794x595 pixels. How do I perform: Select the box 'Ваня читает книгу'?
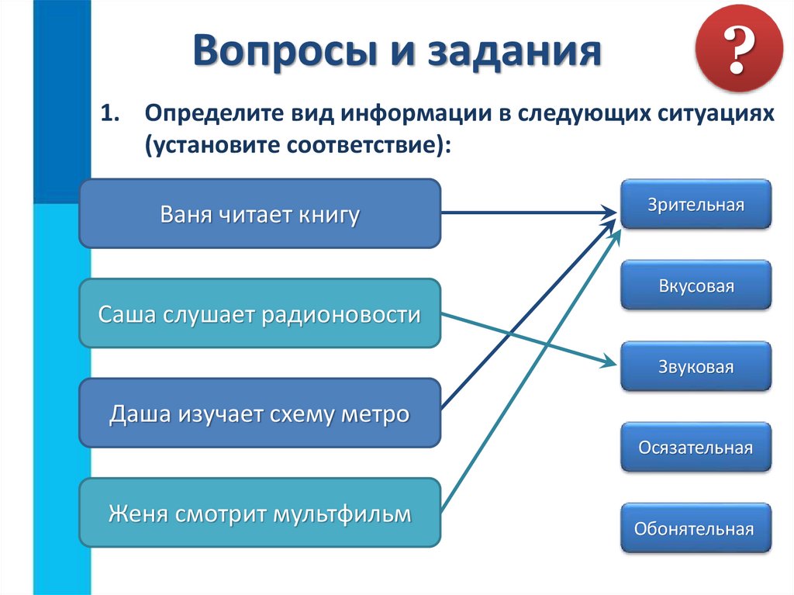pos(260,213)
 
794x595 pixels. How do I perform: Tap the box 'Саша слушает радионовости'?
pos(260,313)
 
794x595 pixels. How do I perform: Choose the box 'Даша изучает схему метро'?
pos(260,413)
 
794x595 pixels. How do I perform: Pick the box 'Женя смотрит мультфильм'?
pos(260,513)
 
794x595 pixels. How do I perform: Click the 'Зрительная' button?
pos(696,205)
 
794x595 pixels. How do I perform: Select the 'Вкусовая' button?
pos(696,285)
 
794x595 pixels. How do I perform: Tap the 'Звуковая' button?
pos(696,367)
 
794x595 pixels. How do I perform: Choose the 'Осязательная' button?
pos(696,448)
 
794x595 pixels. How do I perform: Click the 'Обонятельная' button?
pos(696,529)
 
